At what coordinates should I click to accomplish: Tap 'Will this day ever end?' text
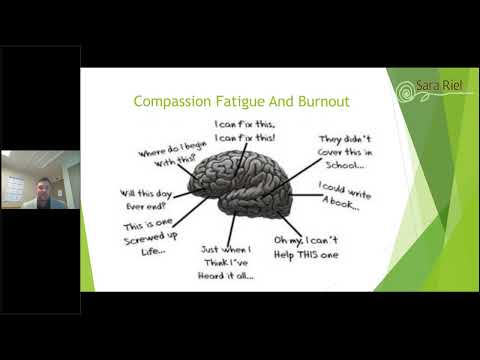click(x=148, y=198)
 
